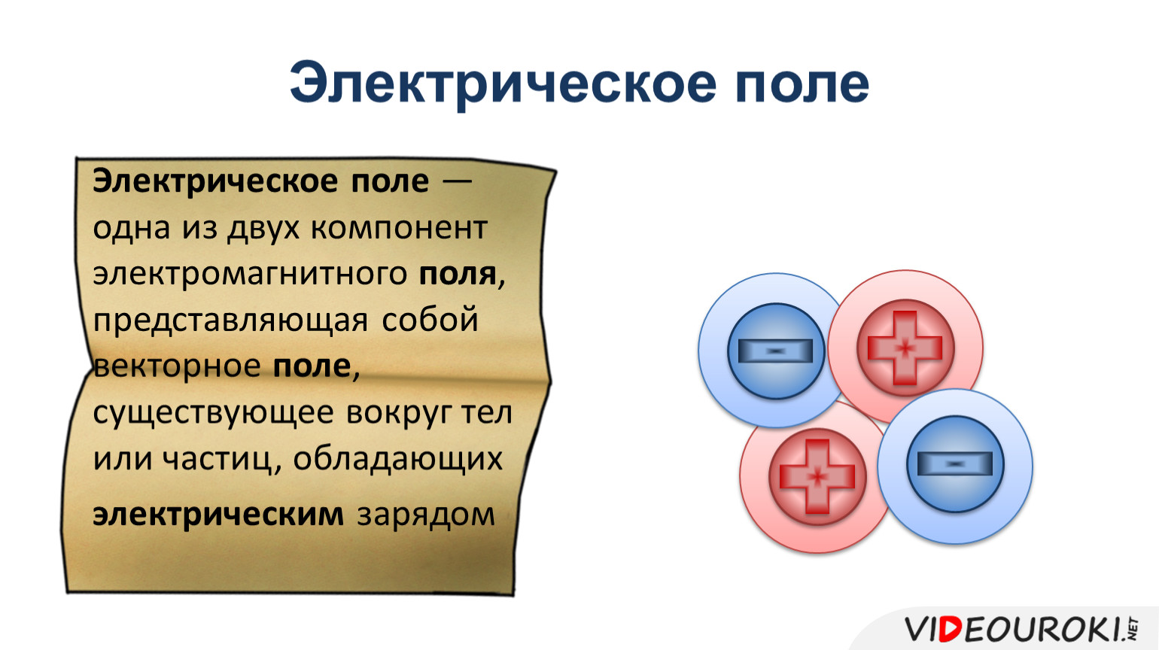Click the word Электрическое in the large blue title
coord(503,84)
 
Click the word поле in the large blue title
coord(802,83)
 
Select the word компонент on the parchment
coord(399,228)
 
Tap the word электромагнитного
coord(250,274)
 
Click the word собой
coord(430,319)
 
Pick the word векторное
coord(177,366)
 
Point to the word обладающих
coord(398,460)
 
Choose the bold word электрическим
coord(218,515)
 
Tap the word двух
coord(263,228)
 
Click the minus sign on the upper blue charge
coord(775,351)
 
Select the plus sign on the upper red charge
coord(905,348)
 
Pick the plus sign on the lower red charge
coord(817,476)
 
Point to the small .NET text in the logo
coord(1132,628)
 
